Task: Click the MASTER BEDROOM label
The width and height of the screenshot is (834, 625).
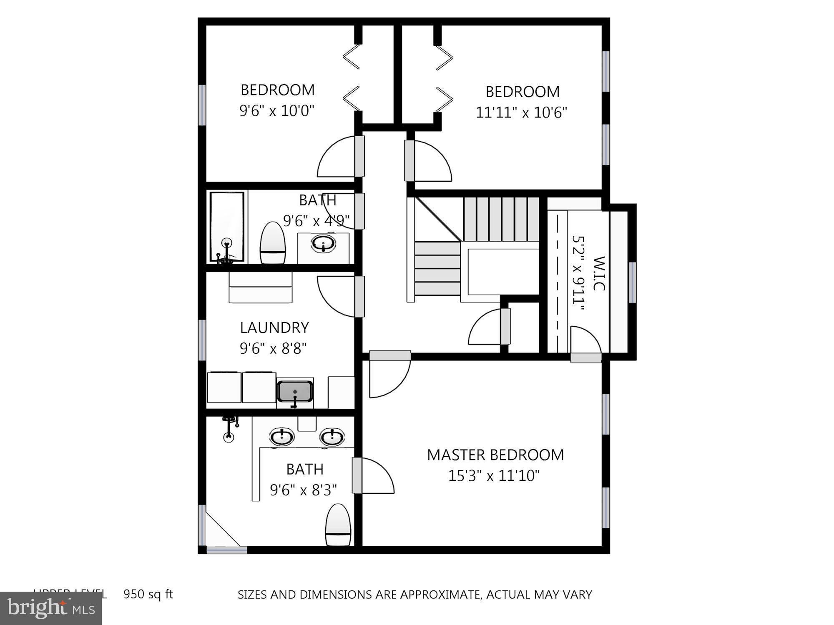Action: click(495, 455)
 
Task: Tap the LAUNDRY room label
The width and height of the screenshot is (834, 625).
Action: click(274, 327)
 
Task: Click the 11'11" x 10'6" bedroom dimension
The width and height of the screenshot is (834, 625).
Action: click(521, 112)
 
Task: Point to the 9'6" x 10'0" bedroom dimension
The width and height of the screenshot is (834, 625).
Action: click(276, 111)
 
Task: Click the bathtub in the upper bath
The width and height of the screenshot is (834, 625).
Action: click(227, 227)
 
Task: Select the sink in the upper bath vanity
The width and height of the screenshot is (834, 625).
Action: click(323, 243)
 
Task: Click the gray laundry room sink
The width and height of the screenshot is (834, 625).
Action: click(295, 391)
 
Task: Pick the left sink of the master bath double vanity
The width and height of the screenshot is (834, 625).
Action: click(282, 437)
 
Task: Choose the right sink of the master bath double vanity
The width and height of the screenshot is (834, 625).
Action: click(332, 437)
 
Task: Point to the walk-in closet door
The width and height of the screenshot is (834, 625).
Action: click(585, 342)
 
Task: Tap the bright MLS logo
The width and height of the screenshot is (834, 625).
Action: click(51, 608)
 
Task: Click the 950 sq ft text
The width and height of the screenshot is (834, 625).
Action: click(148, 594)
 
